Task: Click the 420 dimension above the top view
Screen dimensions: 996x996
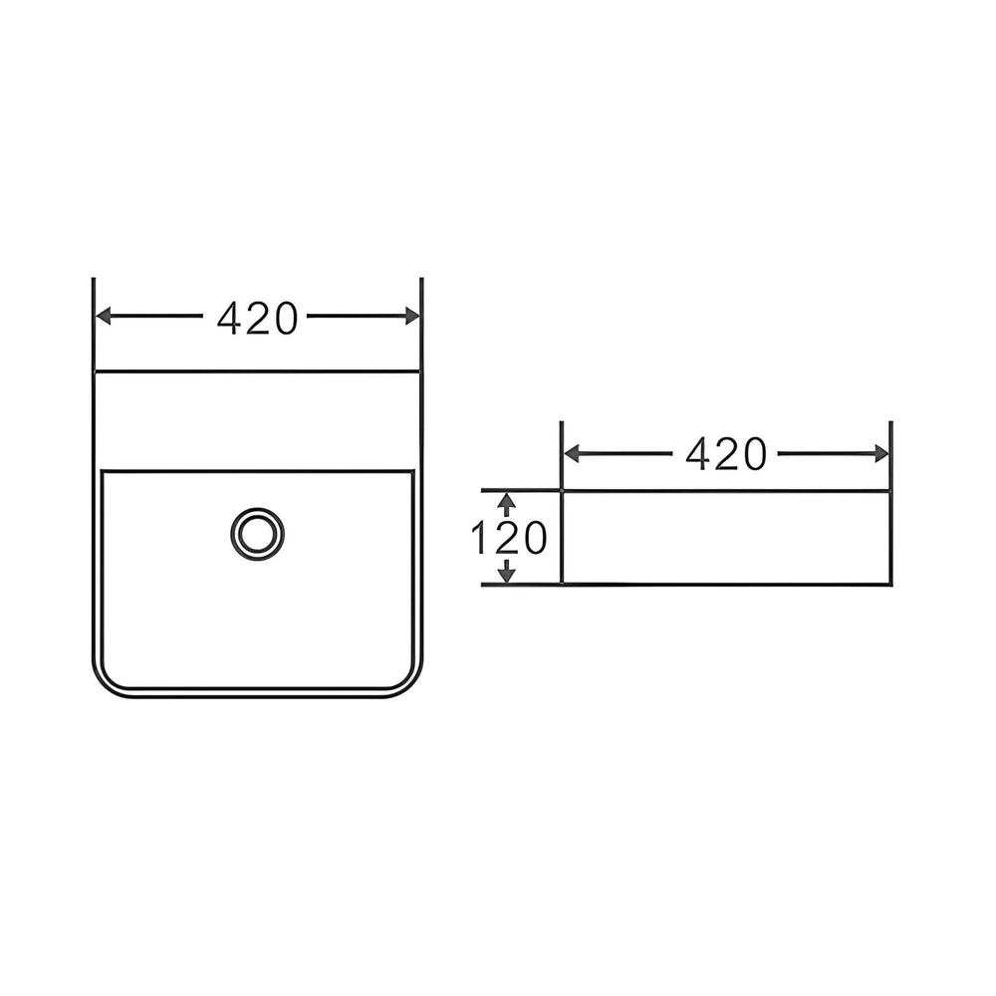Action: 257,319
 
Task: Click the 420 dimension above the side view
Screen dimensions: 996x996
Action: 726,454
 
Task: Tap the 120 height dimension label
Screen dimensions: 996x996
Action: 508,538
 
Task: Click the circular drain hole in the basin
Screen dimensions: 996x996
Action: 257,534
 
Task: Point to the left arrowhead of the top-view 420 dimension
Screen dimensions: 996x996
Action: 103,316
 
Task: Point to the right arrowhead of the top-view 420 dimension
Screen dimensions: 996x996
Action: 412,316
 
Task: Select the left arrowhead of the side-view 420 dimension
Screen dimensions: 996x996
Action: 572,453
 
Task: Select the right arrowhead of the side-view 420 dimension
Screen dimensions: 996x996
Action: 881,453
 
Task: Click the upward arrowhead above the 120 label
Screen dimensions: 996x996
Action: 506,501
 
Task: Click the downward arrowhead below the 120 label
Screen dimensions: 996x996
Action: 506,575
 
